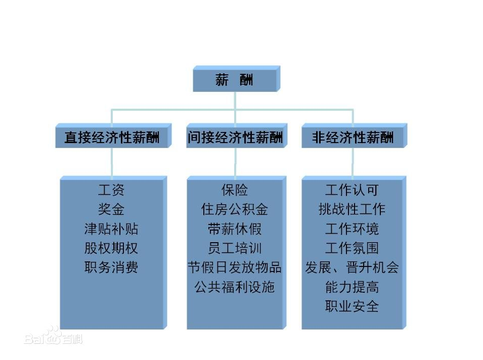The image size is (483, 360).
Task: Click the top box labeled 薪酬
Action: (x=237, y=78)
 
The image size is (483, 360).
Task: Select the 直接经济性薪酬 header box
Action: (x=113, y=136)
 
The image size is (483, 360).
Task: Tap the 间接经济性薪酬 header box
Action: (x=237, y=136)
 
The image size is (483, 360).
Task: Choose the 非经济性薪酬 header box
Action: (x=354, y=136)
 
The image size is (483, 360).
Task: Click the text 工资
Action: (x=111, y=190)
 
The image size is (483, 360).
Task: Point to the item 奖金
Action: (x=111, y=209)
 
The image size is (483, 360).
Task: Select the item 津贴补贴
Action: (x=111, y=229)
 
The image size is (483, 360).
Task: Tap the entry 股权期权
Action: (x=111, y=248)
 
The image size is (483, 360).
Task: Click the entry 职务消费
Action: (x=111, y=267)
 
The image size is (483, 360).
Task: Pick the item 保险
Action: (x=235, y=190)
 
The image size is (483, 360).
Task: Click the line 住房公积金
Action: (x=235, y=209)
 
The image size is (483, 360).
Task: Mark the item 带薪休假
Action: (x=235, y=229)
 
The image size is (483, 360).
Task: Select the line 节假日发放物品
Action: (x=235, y=267)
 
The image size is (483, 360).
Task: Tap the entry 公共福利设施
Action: (x=235, y=287)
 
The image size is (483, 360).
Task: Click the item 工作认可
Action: (x=352, y=190)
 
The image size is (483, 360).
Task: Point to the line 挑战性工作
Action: (x=352, y=209)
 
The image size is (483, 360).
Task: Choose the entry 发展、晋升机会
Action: (x=352, y=267)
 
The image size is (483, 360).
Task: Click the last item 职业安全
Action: (x=352, y=306)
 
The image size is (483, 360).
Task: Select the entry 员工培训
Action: (x=235, y=248)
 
